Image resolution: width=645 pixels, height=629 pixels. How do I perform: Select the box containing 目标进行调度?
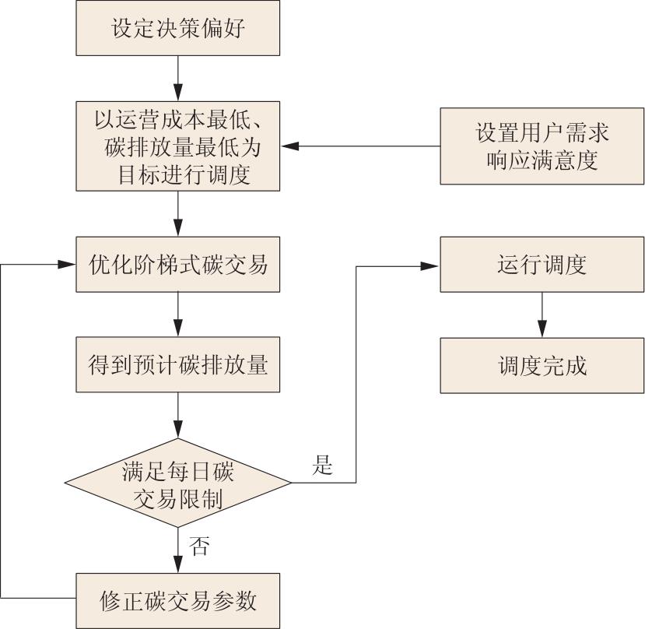pos(178,146)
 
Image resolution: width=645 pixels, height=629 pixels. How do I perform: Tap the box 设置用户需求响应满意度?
pos(542,146)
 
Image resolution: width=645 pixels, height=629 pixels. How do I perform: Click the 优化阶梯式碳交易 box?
pos(178,265)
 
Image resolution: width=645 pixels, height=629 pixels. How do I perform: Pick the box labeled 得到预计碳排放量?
pos(178,364)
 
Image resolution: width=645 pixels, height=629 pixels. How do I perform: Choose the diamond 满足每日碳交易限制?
pos(178,483)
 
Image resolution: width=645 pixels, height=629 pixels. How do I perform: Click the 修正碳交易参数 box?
pos(178,601)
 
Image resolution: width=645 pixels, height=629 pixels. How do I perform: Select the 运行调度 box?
pos(542,265)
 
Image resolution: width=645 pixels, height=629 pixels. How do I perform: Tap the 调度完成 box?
pos(542,364)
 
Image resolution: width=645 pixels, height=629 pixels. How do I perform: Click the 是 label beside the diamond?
pos(322,466)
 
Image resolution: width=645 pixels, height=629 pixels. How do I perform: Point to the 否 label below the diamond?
pos(199,546)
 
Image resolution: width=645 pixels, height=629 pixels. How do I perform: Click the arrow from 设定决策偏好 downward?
pos(178,79)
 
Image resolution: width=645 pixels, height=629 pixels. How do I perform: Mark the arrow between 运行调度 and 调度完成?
pos(542,314)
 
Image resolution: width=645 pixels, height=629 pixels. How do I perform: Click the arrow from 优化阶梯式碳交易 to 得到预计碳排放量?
pos(178,314)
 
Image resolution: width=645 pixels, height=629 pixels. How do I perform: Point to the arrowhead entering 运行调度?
pos(432,265)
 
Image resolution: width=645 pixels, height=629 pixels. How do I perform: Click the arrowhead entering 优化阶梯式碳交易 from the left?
pos(68,265)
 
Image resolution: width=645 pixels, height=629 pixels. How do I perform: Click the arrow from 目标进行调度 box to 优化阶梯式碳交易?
pos(178,214)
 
